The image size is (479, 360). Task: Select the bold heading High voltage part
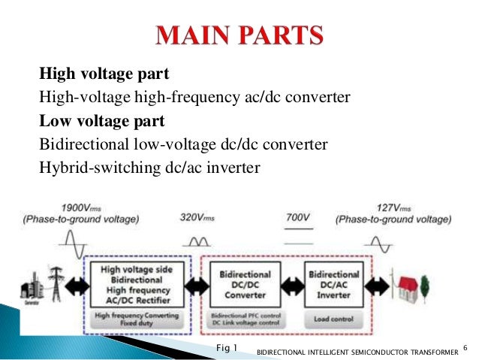[104, 74]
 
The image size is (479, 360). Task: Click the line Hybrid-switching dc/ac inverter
[149, 166]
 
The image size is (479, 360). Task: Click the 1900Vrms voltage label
[77, 207]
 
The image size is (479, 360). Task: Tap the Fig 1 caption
[225, 347]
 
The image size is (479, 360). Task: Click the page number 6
[465, 346]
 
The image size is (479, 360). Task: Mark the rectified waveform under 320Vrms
[197, 242]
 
